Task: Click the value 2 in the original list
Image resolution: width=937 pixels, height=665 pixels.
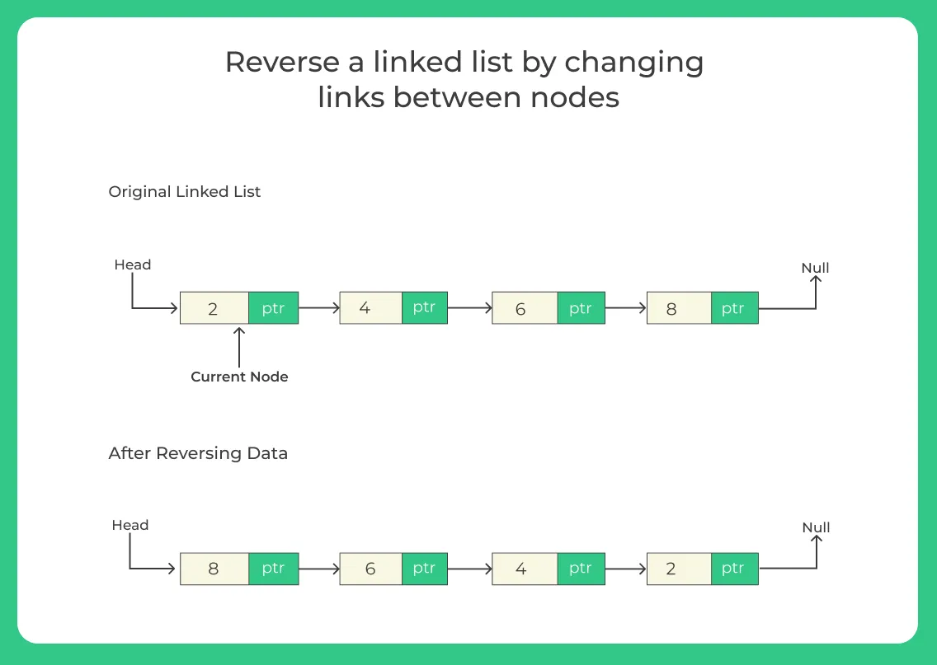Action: (213, 309)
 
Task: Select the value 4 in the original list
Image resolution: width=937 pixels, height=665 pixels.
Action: (365, 308)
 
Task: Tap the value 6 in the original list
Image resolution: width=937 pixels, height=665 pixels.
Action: (520, 309)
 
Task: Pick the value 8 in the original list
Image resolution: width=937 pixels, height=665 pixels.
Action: (671, 309)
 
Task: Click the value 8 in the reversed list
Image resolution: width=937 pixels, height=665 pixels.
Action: (213, 569)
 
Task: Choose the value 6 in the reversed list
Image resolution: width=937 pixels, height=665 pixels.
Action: (370, 569)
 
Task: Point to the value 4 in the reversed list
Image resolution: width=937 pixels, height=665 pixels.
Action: (520, 569)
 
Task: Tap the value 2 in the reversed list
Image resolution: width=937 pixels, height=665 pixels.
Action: (671, 569)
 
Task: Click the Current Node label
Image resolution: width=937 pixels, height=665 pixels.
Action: (239, 377)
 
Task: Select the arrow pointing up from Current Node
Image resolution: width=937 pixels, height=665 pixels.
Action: (239, 347)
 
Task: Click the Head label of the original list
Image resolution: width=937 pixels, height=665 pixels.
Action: (133, 265)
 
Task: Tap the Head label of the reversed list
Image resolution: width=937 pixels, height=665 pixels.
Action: (130, 525)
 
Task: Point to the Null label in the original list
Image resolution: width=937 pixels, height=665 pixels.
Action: (815, 268)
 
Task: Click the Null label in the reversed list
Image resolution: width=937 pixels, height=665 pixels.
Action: (816, 527)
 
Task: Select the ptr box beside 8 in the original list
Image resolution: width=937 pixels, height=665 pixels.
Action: (733, 308)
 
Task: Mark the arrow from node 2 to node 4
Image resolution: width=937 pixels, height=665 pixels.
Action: (319, 308)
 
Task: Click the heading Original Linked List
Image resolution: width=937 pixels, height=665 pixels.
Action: (185, 191)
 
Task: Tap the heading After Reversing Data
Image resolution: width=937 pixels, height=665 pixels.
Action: (198, 453)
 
